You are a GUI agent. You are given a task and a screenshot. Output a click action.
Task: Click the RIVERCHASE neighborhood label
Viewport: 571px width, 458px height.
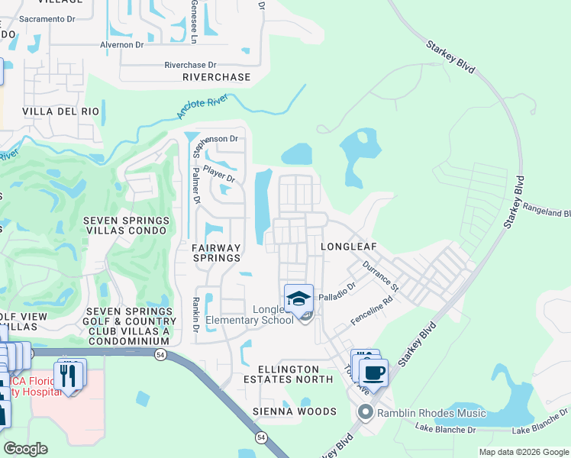click(216, 77)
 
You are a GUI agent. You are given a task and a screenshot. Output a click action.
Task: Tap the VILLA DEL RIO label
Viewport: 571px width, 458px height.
click(61, 111)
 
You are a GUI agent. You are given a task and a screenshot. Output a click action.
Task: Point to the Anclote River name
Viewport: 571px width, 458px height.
click(202, 106)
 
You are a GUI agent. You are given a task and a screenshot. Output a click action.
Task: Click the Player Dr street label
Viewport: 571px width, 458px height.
click(218, 175)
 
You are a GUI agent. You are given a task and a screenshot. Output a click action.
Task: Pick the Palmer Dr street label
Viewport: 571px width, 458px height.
click(195, 186)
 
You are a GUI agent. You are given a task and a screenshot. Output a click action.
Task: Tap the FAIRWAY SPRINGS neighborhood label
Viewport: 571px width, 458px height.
click(216, 253)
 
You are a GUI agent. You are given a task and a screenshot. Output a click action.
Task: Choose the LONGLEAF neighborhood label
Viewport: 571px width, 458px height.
click(349, 247)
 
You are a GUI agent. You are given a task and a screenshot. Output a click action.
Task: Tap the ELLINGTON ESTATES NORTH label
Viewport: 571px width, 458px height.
click(288, 374)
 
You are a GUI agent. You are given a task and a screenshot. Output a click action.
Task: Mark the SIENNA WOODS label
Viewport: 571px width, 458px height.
click(295, 411)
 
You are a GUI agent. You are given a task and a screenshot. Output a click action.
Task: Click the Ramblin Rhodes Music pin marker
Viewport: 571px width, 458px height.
click(365, 413)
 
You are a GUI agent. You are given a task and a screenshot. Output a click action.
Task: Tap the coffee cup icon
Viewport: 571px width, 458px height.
click(373, 373)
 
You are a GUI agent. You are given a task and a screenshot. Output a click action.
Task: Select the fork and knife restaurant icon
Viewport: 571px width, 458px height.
click(70, 375)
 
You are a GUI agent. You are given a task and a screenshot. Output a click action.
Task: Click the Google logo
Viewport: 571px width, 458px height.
click(25, 449)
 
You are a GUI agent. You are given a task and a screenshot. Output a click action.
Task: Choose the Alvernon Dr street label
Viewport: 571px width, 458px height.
click(121, 45)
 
